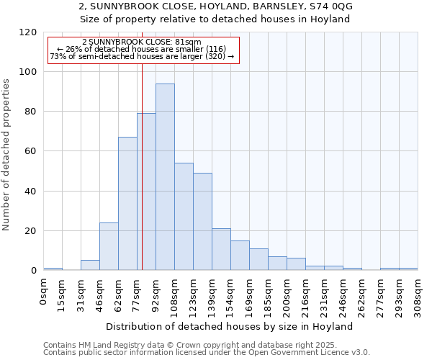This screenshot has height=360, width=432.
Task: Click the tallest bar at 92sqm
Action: pyautogui.click(x=165, y=177)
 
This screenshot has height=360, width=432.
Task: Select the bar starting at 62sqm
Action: pyautogui.click(x=127, y=204)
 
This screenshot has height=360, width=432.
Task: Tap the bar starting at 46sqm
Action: pyautogui.click(x=109, y=246)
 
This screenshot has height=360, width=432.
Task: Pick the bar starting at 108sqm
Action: pyautogui.click(x=184, y=217)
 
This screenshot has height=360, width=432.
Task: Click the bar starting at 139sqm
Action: pyautogui.click(x=221, y=249)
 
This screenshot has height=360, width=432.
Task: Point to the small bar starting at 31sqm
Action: pyautogui.click(x=90, y=265)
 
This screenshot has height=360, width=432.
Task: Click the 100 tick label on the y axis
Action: pyautogui.click(x=28, y=72)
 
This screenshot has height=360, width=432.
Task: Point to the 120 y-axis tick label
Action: pyautogui.click(x=28, y=32)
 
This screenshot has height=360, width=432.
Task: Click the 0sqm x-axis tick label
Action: pyautogui.click(x=44, y=293)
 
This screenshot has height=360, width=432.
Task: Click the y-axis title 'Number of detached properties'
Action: pyautogui.click(x=6, y=155)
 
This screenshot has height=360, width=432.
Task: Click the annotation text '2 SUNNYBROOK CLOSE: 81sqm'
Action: pyautogui.click(x=142, y=42)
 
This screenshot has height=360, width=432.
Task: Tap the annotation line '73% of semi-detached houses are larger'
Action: pyautogui.click(x=142, y=56)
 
